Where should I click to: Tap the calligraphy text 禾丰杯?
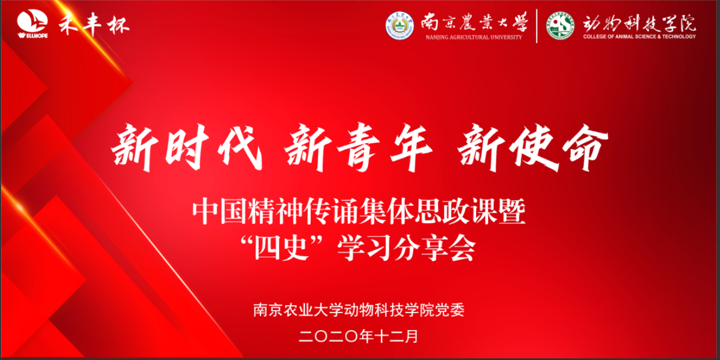94,24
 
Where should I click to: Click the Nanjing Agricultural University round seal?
399,25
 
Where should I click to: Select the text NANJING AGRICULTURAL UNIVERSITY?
474,37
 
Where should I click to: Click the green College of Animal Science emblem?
561,25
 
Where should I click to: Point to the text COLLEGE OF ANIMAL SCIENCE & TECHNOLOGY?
639,36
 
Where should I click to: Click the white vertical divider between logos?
536,26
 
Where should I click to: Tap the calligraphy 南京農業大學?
474,22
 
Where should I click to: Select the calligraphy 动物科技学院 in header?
639,23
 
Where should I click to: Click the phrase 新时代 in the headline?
186,147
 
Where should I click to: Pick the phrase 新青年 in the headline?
358,147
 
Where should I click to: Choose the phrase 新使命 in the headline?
533,147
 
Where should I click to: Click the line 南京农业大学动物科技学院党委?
359,310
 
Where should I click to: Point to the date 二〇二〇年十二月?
358,336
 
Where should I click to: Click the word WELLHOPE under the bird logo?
33,35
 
